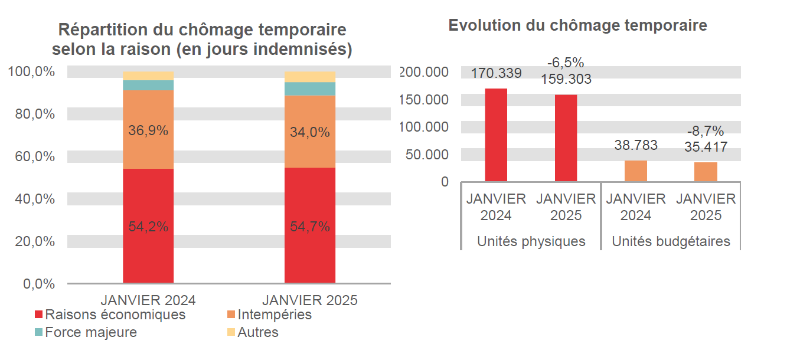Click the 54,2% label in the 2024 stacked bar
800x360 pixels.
(148, 227)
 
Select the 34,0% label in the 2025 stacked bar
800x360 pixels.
(309, 133)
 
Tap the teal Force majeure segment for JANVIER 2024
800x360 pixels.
(148, 86)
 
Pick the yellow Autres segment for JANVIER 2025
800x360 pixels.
(309, 77)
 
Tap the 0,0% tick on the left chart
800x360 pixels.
(39, 284)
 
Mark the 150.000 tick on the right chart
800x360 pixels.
(424, 100)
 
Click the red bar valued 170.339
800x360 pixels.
(496, 135)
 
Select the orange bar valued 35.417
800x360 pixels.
(706, 172)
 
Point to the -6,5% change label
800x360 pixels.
(565, 63)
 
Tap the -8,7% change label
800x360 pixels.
(705, 131)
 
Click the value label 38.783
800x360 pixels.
(635, 145)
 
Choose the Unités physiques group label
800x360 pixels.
(531, 241)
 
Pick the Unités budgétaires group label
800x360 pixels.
(671, 241)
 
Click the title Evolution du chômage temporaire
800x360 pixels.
(577, 25)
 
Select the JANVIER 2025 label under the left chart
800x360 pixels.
(309, 300)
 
